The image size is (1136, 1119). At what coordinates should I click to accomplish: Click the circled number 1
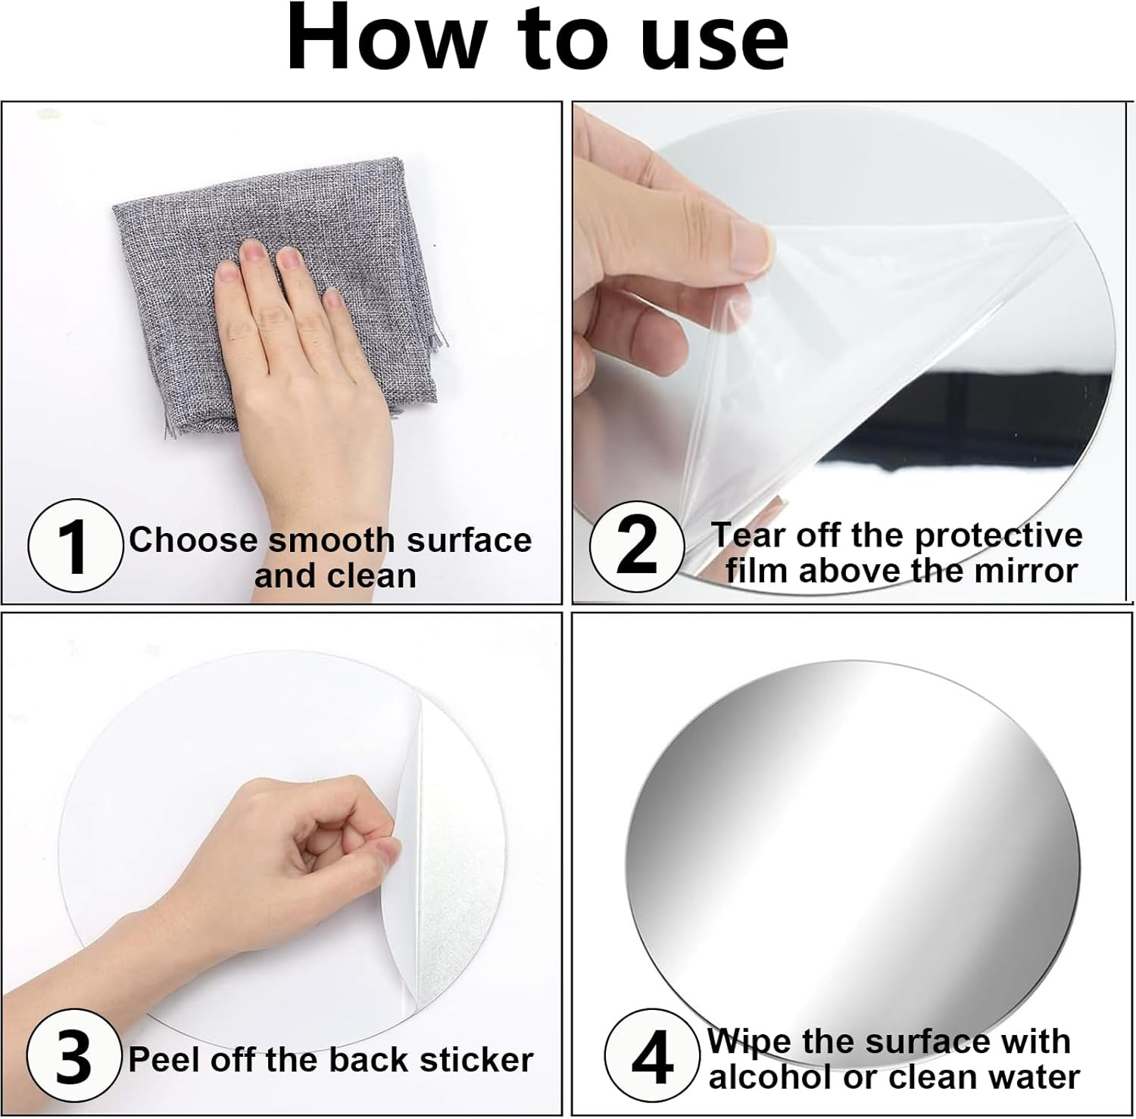[75, 546]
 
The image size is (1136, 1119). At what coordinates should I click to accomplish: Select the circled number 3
[73, 1057]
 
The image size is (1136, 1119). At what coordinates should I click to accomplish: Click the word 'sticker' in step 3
[476, 1060]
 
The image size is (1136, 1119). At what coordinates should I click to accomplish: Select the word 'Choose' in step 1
[194, 541]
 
